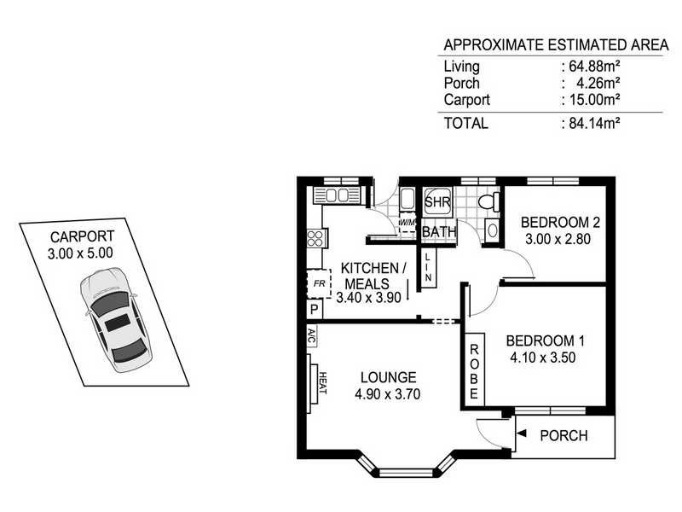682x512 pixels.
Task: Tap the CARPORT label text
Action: (82, 236)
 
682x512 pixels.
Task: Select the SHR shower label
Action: (436, 203)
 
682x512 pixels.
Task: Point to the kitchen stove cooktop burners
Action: (315, 239)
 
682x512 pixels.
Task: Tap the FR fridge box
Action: (315, 282)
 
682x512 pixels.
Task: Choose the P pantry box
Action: (314, 310)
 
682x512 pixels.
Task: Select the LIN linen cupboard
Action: (428, 267)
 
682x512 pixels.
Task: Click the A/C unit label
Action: (310, 335)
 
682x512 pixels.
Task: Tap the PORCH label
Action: (564, 435)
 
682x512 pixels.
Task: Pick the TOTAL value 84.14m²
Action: (590, 123)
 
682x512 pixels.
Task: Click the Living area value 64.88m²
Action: (590, 67)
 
